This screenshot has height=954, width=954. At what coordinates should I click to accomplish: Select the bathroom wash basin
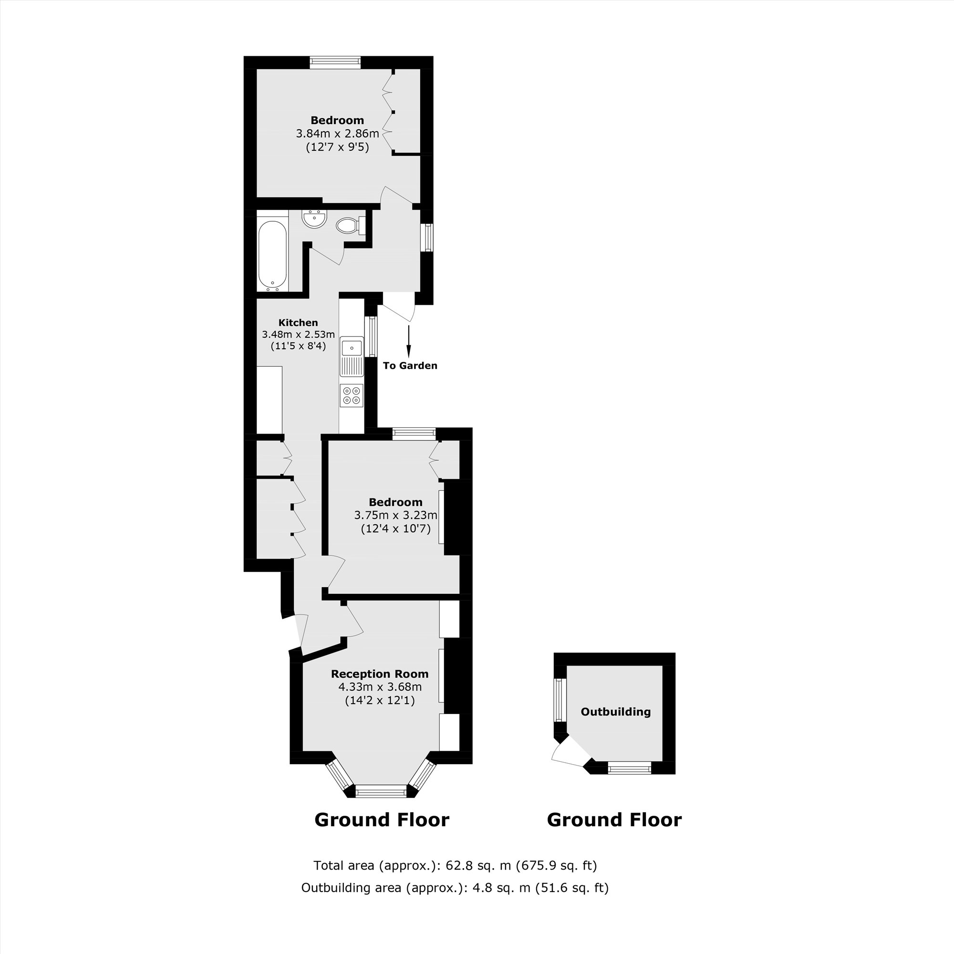314,219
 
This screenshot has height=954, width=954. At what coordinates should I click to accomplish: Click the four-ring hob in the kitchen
352,395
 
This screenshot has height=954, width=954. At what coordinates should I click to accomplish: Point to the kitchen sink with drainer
352,357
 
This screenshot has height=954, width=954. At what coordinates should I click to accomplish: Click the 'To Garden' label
410,365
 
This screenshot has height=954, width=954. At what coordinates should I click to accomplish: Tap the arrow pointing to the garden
409,341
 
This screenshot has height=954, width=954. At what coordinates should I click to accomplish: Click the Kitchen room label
298,322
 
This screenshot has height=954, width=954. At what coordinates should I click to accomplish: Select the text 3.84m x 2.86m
337,134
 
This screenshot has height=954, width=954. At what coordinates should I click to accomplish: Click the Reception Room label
379,674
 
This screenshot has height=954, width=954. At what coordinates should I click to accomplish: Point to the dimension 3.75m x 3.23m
395,516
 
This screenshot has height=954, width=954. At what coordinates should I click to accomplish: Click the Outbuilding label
615,712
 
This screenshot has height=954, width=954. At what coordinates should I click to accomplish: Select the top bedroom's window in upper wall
335,62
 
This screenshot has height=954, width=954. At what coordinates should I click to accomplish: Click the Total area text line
455,865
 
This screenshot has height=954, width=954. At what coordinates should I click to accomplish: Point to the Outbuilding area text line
455,887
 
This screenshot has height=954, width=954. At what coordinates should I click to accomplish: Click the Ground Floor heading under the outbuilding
614,819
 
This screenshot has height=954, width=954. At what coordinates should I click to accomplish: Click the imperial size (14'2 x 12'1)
379,700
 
